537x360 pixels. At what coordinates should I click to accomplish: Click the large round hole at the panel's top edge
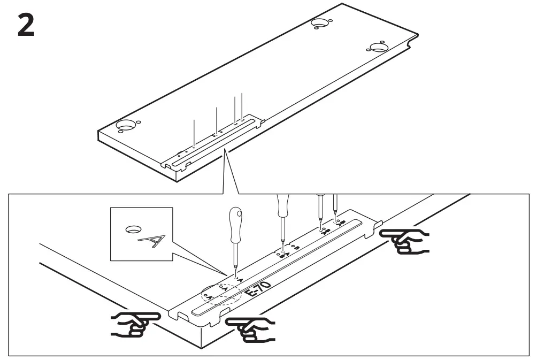320,24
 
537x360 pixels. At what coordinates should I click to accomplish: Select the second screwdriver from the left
282,219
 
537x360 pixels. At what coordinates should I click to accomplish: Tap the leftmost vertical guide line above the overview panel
195,132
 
